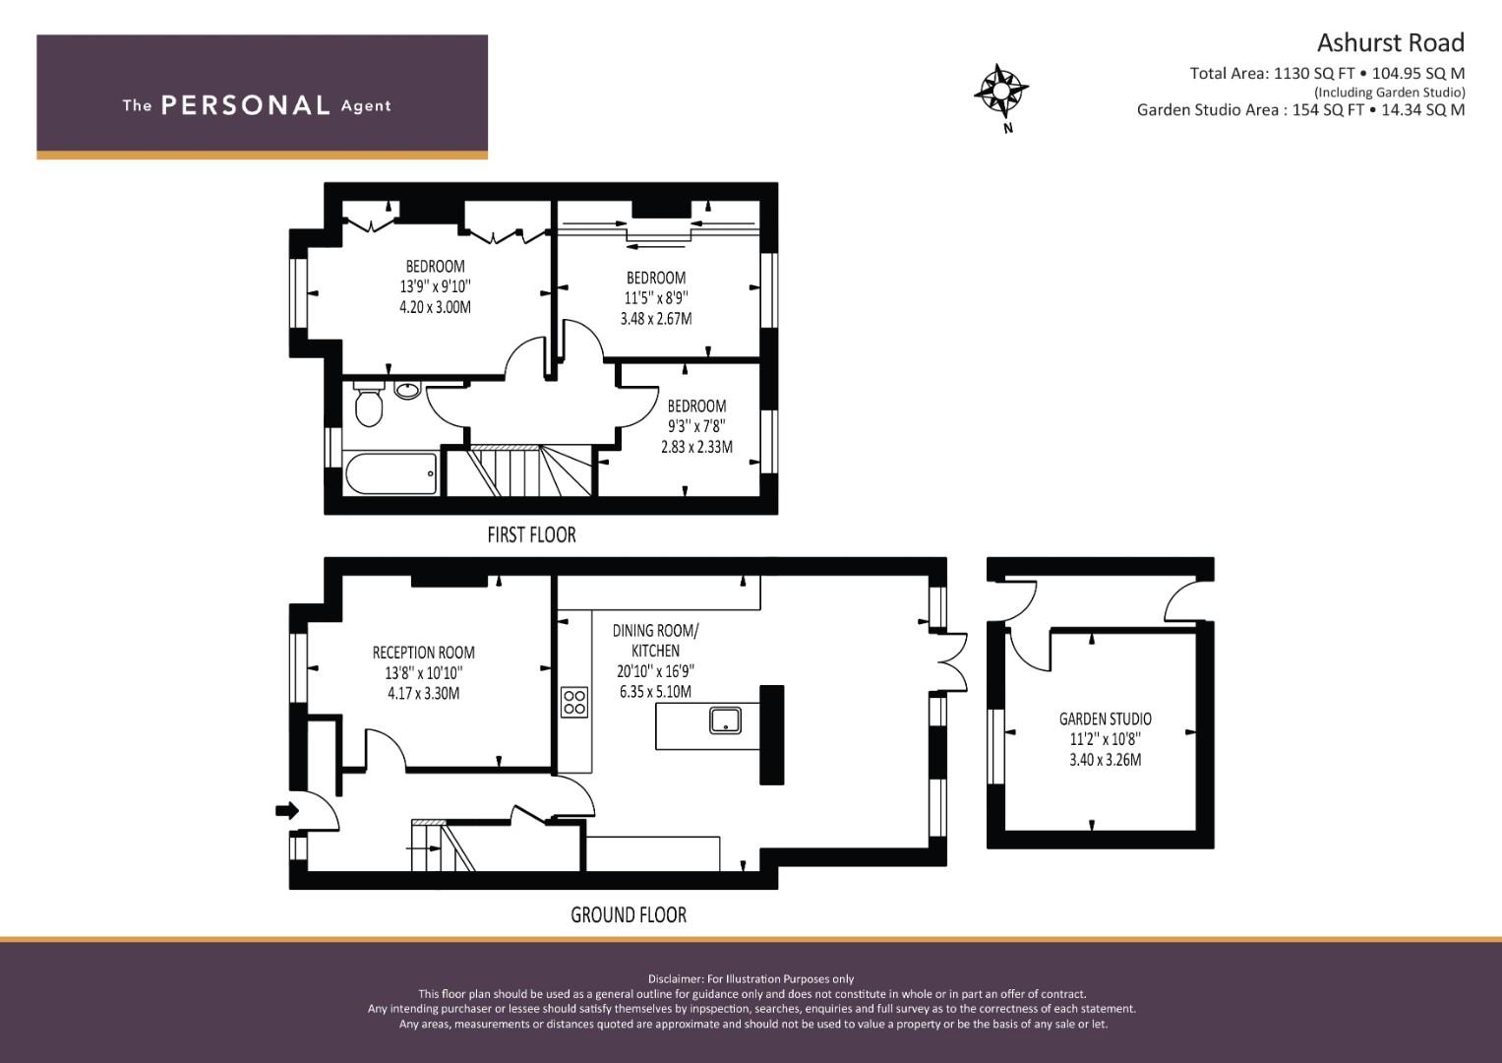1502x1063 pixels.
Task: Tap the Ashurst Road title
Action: (x=1390, y=43)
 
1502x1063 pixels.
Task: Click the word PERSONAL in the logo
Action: (x=246, y=105)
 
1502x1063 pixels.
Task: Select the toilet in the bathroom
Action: (x=368, y=404)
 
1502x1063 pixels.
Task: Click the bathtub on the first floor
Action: (x=391, y=472)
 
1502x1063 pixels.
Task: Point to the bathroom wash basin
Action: (x=407, y=389)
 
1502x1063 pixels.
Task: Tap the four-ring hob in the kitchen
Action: (x=574, y=702)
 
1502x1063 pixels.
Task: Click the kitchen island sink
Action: (x=725, y=720)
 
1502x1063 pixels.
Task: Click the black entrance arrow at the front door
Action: (x=287, y=811)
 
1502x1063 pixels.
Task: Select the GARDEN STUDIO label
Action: (x=1105, y=719)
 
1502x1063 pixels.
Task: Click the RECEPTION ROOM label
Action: (x=423, y=653)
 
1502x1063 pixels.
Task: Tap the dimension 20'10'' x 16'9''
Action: (x=655, y=671)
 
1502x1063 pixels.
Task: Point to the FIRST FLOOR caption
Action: (x=531, y=534)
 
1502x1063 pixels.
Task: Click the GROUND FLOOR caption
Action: (x=629, y=914)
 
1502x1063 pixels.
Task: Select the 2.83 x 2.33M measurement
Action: (x=696, y=447)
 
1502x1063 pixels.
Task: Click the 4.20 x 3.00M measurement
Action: (x=435, y=307)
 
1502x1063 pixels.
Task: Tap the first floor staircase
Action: (x=519, y=470)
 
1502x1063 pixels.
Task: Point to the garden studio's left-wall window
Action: (x=995, y=746)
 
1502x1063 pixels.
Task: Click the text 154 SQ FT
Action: (x=1328, y=110)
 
